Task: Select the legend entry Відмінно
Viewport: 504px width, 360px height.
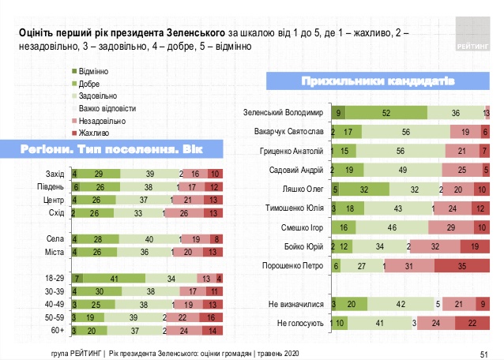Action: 95,72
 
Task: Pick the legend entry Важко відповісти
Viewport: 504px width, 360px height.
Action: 107,107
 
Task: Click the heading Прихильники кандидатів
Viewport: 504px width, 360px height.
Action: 377,81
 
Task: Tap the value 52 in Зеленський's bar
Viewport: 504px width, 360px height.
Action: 386,112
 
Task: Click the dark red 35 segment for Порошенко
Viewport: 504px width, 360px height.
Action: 462,266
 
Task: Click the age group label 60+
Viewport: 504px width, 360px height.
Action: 57,332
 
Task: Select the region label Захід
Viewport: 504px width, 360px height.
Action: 55,173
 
